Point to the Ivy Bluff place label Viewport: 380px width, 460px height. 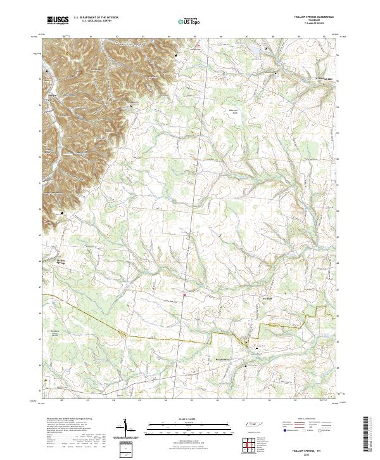266,299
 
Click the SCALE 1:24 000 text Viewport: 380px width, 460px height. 180,419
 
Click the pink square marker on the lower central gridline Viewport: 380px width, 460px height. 185,294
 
